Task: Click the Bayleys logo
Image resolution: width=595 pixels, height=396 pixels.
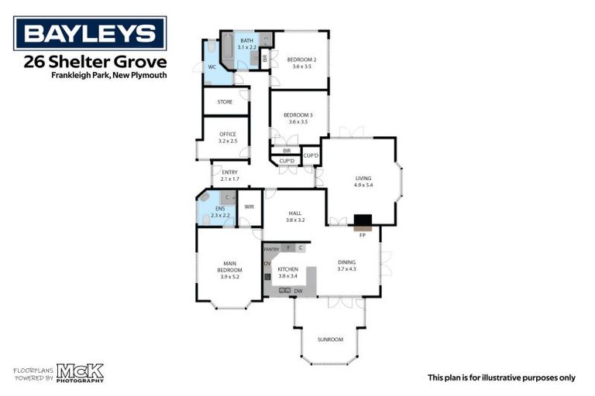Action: [x=90, y=33]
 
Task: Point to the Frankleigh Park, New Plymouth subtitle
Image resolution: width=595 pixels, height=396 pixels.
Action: [x=108, y=75]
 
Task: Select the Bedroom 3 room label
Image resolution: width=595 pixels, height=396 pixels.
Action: [x=298, y=118]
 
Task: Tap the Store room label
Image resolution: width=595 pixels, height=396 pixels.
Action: [x=225, y=101]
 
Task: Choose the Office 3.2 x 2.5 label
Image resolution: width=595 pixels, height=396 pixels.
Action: [x=227, y=138]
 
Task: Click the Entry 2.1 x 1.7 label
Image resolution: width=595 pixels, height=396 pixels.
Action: [x=230, y=176]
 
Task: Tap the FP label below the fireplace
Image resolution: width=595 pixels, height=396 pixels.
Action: [x=362, y=234]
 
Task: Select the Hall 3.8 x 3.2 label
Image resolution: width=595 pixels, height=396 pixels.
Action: [x=295, y=216]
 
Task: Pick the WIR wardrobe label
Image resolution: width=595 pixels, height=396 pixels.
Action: [x=249, y=207]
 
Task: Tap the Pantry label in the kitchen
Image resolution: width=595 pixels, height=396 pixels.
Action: [x=271, y=249]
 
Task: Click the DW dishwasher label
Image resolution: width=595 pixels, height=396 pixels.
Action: [x=297, y=291]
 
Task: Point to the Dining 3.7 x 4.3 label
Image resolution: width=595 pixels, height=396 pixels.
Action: [x=346, y=265]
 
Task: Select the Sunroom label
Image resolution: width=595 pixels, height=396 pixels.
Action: [x=329, y=340]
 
